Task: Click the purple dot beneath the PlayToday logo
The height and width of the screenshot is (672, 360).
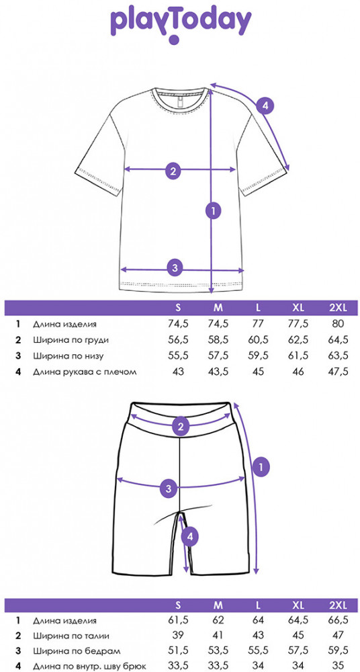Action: click(x=173, y=40)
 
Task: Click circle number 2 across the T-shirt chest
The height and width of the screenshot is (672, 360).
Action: click(x=173, y=171)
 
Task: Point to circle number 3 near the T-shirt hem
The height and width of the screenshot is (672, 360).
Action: click(x=175, y=268)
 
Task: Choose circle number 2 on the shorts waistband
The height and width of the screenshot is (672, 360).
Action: click(x=181, y=427)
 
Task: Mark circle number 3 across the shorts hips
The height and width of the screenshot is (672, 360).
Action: click(x=169, y=488)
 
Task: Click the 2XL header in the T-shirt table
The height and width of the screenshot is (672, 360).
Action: click(x=338, y=307)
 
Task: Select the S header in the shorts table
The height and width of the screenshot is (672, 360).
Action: click(x=178, y=605)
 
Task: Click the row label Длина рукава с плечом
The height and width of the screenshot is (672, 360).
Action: click(x=85, y=372)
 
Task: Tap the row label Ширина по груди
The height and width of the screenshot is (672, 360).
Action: click(x=71, y=340)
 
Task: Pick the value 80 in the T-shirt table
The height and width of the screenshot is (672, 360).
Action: click(x=338, y=324)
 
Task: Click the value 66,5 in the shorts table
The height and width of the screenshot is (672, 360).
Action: click(x=338, y=620)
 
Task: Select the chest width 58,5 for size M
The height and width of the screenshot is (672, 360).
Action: click(x=218, y=340)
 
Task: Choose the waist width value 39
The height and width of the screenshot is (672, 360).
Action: click(x=178, y=636)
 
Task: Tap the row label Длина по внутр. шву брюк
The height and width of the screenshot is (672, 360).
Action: click(x=90, y=667)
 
